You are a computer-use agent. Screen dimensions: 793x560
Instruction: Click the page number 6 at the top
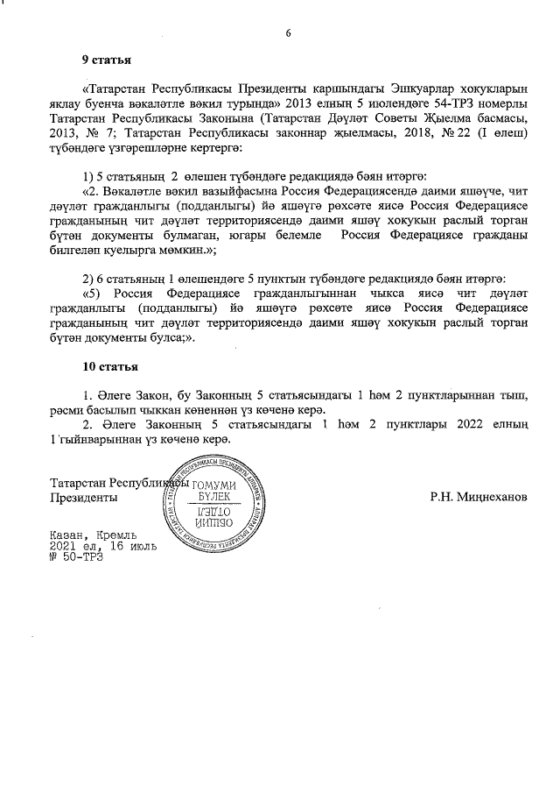(x=287, y=33)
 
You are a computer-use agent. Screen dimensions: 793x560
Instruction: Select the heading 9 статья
(x=106, y=60)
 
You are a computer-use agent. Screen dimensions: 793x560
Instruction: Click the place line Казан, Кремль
(x=94, y=535)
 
